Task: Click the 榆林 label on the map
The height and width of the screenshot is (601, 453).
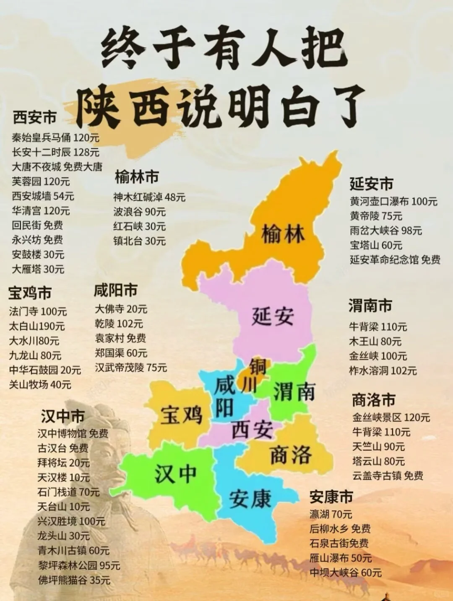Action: (x=283, y=233)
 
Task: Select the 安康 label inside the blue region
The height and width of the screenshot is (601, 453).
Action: (x=250, y=498)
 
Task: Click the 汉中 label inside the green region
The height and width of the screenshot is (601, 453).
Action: (x=175, y=473)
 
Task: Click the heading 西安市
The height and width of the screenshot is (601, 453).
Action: (x=34, y=117)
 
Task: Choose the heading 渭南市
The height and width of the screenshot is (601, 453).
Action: (x=370, y=306)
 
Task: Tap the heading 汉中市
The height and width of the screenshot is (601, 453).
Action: (x=63, y=416)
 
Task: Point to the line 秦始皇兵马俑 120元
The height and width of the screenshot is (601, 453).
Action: (x=55, y=137)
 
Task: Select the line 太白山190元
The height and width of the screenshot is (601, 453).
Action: (x=37, y=326)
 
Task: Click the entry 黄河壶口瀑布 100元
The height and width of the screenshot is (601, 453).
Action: (x=393, y=201)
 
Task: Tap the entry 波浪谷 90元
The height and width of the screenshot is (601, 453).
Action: (x=139, y=212)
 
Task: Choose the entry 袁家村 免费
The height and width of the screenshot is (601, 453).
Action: (x=120, y=338)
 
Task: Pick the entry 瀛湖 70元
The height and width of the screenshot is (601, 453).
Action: (x=331, y=514)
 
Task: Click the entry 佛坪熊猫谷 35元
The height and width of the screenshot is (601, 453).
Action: (x=74, y=580)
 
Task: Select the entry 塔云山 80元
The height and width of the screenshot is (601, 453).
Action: (x=378, y=461)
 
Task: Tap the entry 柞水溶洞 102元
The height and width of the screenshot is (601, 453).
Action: (x=383, y=370)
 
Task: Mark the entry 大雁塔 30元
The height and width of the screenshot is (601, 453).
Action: (x=38, y=269)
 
